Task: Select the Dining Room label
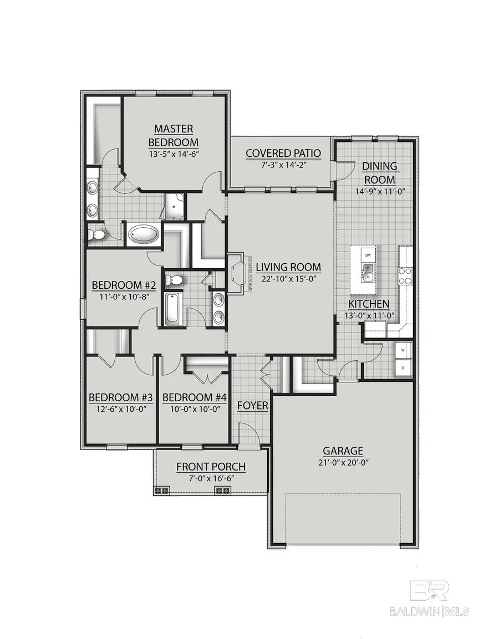tap(379, 172)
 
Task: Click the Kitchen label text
tap(369, 304)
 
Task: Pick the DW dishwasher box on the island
tap(367, 255)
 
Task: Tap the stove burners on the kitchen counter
tap(405, 275)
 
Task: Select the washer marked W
tap(402, 351)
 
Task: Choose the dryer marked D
tap(402, 367)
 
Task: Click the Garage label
tap(344, 451)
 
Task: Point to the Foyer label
tap(253, 406)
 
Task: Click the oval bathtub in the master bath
tap(143, 234)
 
